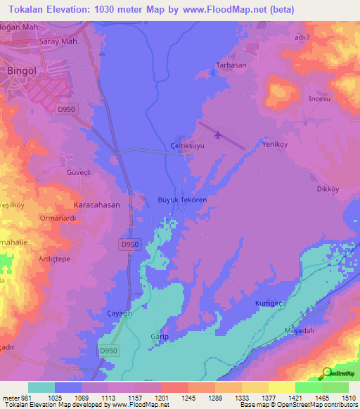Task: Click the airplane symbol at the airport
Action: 217,135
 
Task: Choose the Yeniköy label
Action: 276,144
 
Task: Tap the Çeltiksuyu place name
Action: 187,145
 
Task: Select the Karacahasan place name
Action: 97,205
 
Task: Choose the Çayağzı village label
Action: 119,313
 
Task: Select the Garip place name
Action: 158,337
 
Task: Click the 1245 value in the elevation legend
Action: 176,398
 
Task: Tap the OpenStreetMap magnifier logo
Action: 326,372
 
